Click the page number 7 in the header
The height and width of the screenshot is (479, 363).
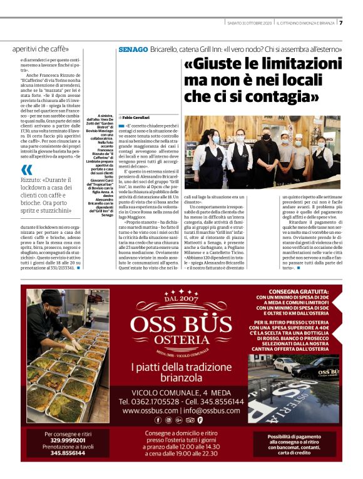[x=340, y=24]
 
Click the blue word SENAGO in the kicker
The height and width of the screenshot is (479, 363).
[x=133, y=49]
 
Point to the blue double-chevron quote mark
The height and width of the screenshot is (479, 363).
[x=26, y=170]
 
